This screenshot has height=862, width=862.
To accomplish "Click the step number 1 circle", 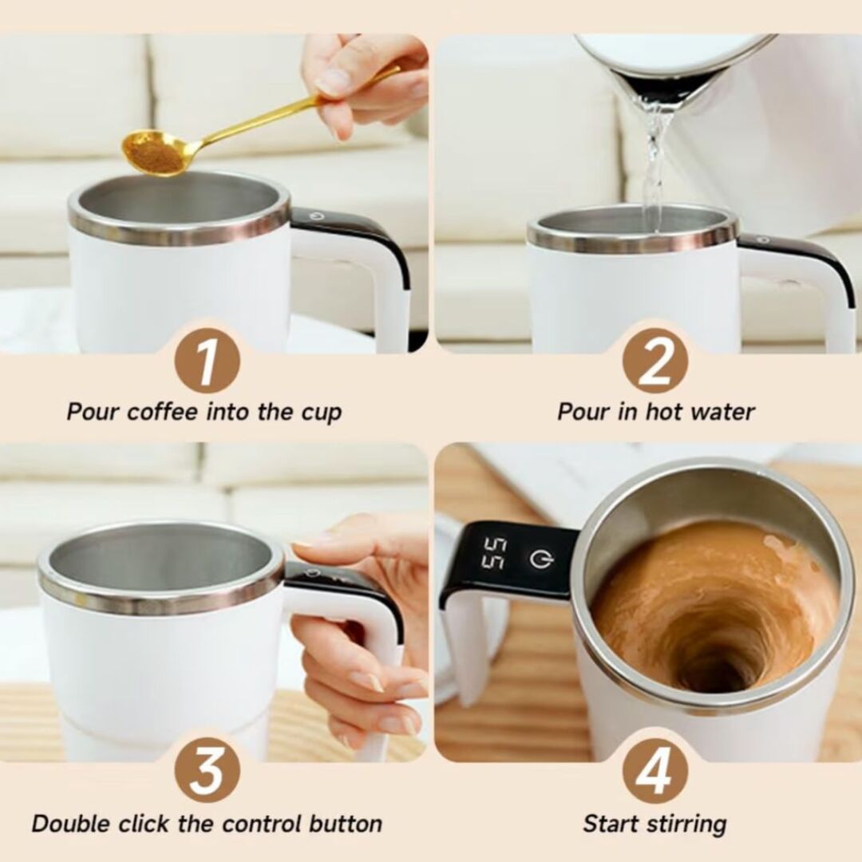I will (207, 360).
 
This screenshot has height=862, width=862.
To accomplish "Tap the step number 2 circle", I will (654, 360).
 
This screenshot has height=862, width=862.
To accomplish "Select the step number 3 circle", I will (207, 769).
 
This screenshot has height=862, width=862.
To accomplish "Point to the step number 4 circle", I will (654, 769).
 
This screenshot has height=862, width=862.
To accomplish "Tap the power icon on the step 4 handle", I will (542, 560).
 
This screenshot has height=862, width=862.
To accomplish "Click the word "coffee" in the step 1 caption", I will (164, 413).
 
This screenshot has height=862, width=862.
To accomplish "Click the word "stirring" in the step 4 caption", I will (689, 824).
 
